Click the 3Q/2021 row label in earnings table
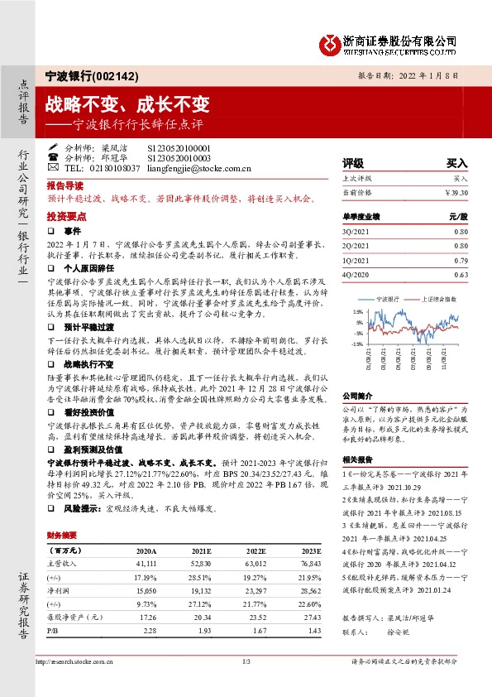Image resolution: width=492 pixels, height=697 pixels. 356,233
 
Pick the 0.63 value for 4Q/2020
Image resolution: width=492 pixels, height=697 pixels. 461,274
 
